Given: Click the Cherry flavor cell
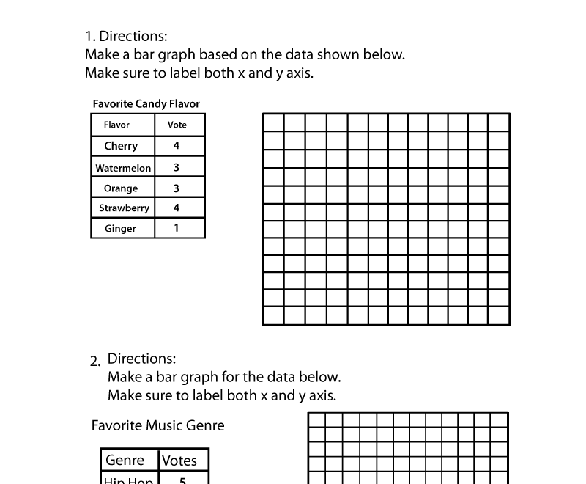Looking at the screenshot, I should [x=121, y=146].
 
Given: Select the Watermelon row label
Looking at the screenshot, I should [x=123, y=168].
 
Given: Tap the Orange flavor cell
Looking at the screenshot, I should [x=121, y=188].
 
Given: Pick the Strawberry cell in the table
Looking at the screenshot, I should [x=124, y=208].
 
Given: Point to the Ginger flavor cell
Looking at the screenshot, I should [x=121, y=229].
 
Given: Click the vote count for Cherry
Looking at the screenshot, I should [x=177, y=146].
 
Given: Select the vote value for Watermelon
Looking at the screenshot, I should [x=177, y=168].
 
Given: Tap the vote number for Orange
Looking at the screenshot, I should [x=177, y=188].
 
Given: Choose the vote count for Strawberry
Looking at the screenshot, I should [x=177, y=208].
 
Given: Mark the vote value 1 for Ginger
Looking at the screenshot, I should [x=177, y=229].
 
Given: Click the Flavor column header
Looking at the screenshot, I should [x=116, y=125].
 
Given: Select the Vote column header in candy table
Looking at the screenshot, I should [x=177, y=125].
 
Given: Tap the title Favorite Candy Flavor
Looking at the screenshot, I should [x=146, y=104].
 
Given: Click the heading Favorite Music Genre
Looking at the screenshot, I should [x=157, y=426].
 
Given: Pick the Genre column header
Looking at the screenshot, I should [x=125, y=461].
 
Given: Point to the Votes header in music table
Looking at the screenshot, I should [x=179, y=461].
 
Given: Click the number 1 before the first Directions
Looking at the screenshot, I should [x=89, y=37].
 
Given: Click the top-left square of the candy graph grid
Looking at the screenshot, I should [x=273, y=122].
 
